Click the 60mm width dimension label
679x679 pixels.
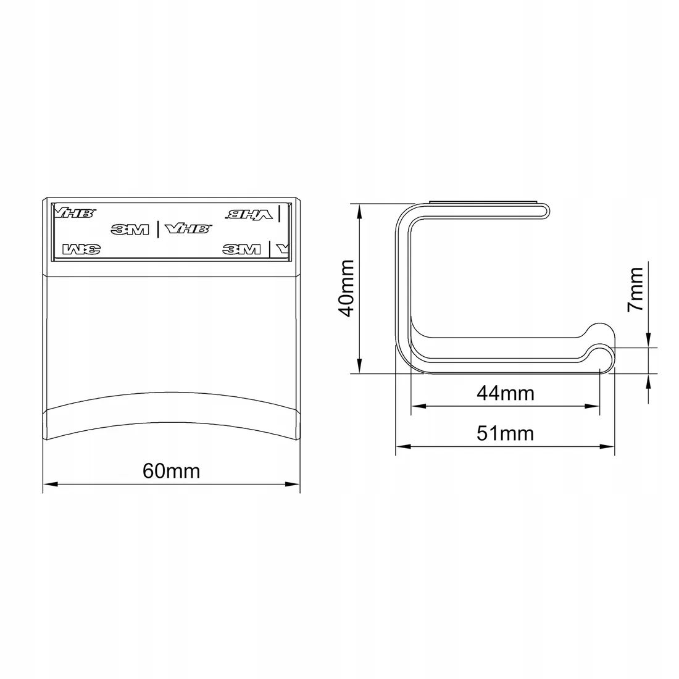172,471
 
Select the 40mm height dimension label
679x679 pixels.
348,288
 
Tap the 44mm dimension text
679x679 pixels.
506,393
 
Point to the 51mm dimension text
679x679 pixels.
506,433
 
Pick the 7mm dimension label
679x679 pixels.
636,289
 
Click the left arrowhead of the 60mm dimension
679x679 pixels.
50,484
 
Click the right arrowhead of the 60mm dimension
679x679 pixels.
293,484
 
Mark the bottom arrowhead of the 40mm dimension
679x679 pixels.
359,365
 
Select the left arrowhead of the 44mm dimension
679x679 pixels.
419,406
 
